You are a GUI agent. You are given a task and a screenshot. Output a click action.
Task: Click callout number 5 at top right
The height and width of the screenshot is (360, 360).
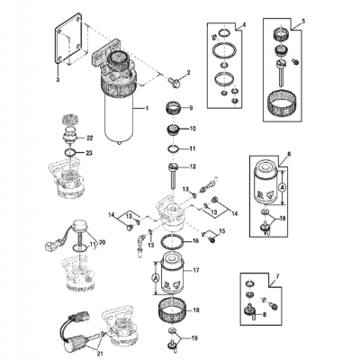pyautogui.click(x=303, y=19)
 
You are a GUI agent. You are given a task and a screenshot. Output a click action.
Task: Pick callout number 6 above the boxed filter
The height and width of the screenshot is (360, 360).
pyautogui.click(x=288, y=156)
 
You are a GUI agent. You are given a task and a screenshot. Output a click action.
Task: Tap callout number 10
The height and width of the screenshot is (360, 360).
pyautogui.click(x=190, y=130)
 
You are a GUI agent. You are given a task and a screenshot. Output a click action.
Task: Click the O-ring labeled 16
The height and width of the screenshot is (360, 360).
pyautogui.click(x=170, y=243)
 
